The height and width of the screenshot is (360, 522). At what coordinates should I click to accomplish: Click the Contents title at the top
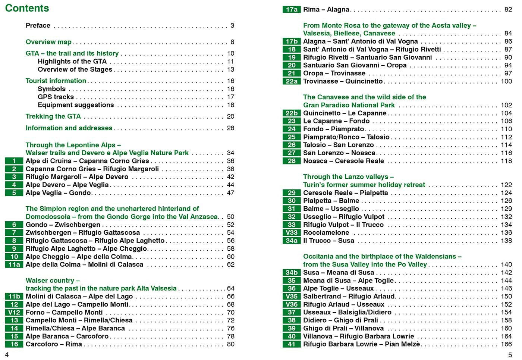pyautogui.click(x=27, y=8)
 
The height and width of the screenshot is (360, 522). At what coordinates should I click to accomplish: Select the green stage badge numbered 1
pyautogui.click(x=14, y=161)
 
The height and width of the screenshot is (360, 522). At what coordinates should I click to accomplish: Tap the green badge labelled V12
pyautogui.click(x=14, y=313)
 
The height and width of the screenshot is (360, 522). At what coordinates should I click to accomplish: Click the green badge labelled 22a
pyautogui.click(x=292, y=81)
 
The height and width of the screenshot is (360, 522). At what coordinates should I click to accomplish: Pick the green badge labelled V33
pyautogui.click(x=292, y=233)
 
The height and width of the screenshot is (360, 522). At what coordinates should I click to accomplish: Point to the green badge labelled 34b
pyautogui.click(x=292, y=273)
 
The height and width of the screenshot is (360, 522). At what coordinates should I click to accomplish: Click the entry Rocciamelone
pyautogui.click(x=326, y=233)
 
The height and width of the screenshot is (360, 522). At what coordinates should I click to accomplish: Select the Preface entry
pyautogui.click(x=38, y=25)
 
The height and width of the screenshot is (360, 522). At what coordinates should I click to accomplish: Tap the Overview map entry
pyautogui.click(x=48, y=42)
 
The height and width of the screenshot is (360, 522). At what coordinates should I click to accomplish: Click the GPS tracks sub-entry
pyautogui.click(x=56, y=97)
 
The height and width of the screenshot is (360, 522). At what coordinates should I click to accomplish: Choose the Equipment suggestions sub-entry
pyautogui.click(x=76, y=105)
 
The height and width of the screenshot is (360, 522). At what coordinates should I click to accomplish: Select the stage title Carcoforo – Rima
pyautogui.click(x=54, y=344)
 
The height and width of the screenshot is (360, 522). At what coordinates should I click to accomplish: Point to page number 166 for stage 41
pyautogui.click(x=506, y=344)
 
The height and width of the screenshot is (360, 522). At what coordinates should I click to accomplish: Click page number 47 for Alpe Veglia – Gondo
pyautogui.click(x=231, y=193)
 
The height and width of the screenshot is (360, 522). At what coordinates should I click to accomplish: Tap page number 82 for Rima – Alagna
pyautogui.click(x=508, y=10)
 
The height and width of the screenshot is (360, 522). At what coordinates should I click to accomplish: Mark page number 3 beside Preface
pyautogui.click(x=232, y=25)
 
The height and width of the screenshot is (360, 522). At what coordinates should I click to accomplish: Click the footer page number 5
pyautogui.click(x=510, y=355)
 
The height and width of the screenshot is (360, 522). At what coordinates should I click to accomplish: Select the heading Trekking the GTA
pyautogui.click(x=53, y=116)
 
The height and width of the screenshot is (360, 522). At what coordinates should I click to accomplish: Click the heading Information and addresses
pyautogui.click(x=69, y=128)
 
